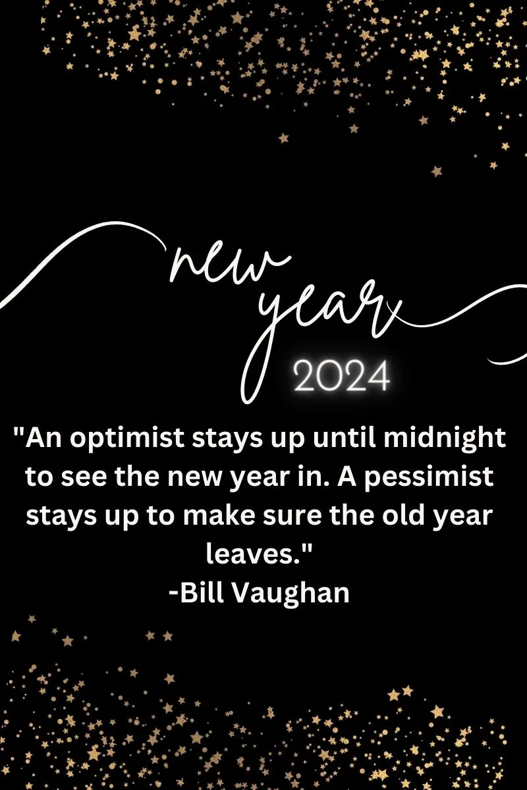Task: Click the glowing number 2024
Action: pyautogui.click(x=342, y=376)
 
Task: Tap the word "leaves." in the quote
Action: pyautogui.click(x=260, y=554)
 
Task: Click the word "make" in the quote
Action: pyautogui.click(x=219, y=515)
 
